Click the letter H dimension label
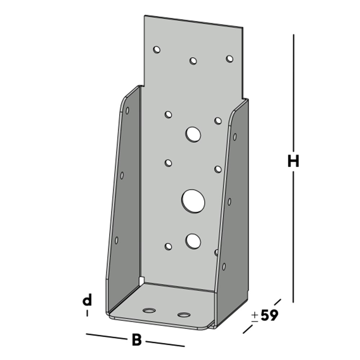[x=293, y=162]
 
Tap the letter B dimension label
[x=136, y=340]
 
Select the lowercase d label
[x=87, y=300]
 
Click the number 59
[x=269, y=316]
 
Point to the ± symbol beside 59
[x=255, y=316]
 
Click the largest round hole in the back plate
[x=193, y=201]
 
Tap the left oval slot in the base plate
[x=149, y=310]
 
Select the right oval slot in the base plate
[x=184, y=315]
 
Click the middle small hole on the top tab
[x=193, y=61]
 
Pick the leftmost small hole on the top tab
[x=157, y=50]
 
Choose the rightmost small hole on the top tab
[x=229, y=58]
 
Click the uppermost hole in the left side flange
[x=127, y=111]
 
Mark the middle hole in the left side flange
[x=122, y=175]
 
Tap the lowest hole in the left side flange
[x=117, y=240]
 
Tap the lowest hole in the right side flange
[x=224, y=266]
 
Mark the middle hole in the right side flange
[x=229, y=202]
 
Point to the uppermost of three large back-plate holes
[x=193, y=134]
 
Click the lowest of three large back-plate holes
[x=193, y=240]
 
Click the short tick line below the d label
[x=87, y=314]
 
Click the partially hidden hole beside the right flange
[x=216, y=252]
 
